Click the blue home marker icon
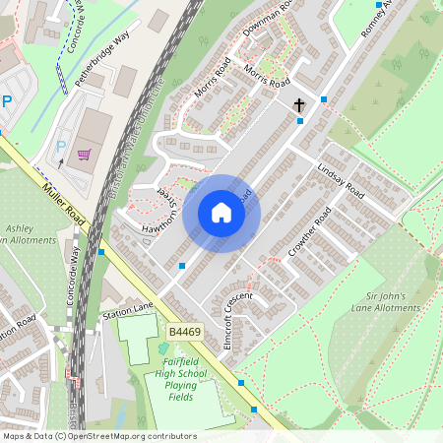pyautogui.click(x=221, y=213)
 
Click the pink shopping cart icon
pyautogui.click(x=84, y=154)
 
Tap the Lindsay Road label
pyautogui.click(x=341, y=181)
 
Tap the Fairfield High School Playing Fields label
pyautogui.click(x=182, y=380)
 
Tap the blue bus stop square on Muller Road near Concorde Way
pyautogui.click(x=100, y=252)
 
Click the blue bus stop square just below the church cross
pyautogui.click(x=300, y=121)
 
